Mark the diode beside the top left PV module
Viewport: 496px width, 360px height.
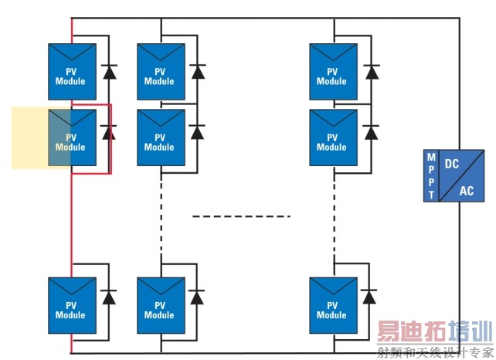[x=109, y=73]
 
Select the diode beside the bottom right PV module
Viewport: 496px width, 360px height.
[x=371, y=297]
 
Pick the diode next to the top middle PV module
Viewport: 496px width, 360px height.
[x=198, y=73]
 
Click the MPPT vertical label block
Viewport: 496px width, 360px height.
[x=431, y=175]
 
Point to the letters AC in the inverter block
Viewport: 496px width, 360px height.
[x=467, y=190]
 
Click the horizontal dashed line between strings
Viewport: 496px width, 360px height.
[x=241, y=216]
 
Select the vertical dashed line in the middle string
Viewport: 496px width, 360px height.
[x=161, y=209]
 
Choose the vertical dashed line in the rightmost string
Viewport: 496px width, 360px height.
[x=335, y=209]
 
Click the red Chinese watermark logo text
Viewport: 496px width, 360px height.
[x=433, y=335]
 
